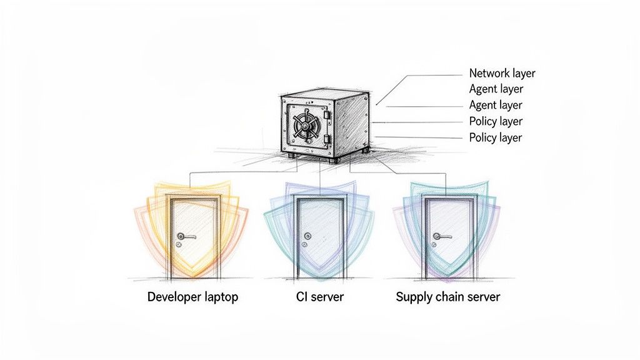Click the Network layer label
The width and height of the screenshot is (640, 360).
coord(502,73)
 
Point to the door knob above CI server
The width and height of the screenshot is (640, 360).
coord(307,236)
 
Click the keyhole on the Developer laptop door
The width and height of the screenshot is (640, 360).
coord(180,245)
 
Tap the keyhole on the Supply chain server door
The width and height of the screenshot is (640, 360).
coord(436,244)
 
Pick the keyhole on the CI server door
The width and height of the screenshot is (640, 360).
coord(307,245)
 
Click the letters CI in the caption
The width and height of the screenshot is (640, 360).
coord(302,297)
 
